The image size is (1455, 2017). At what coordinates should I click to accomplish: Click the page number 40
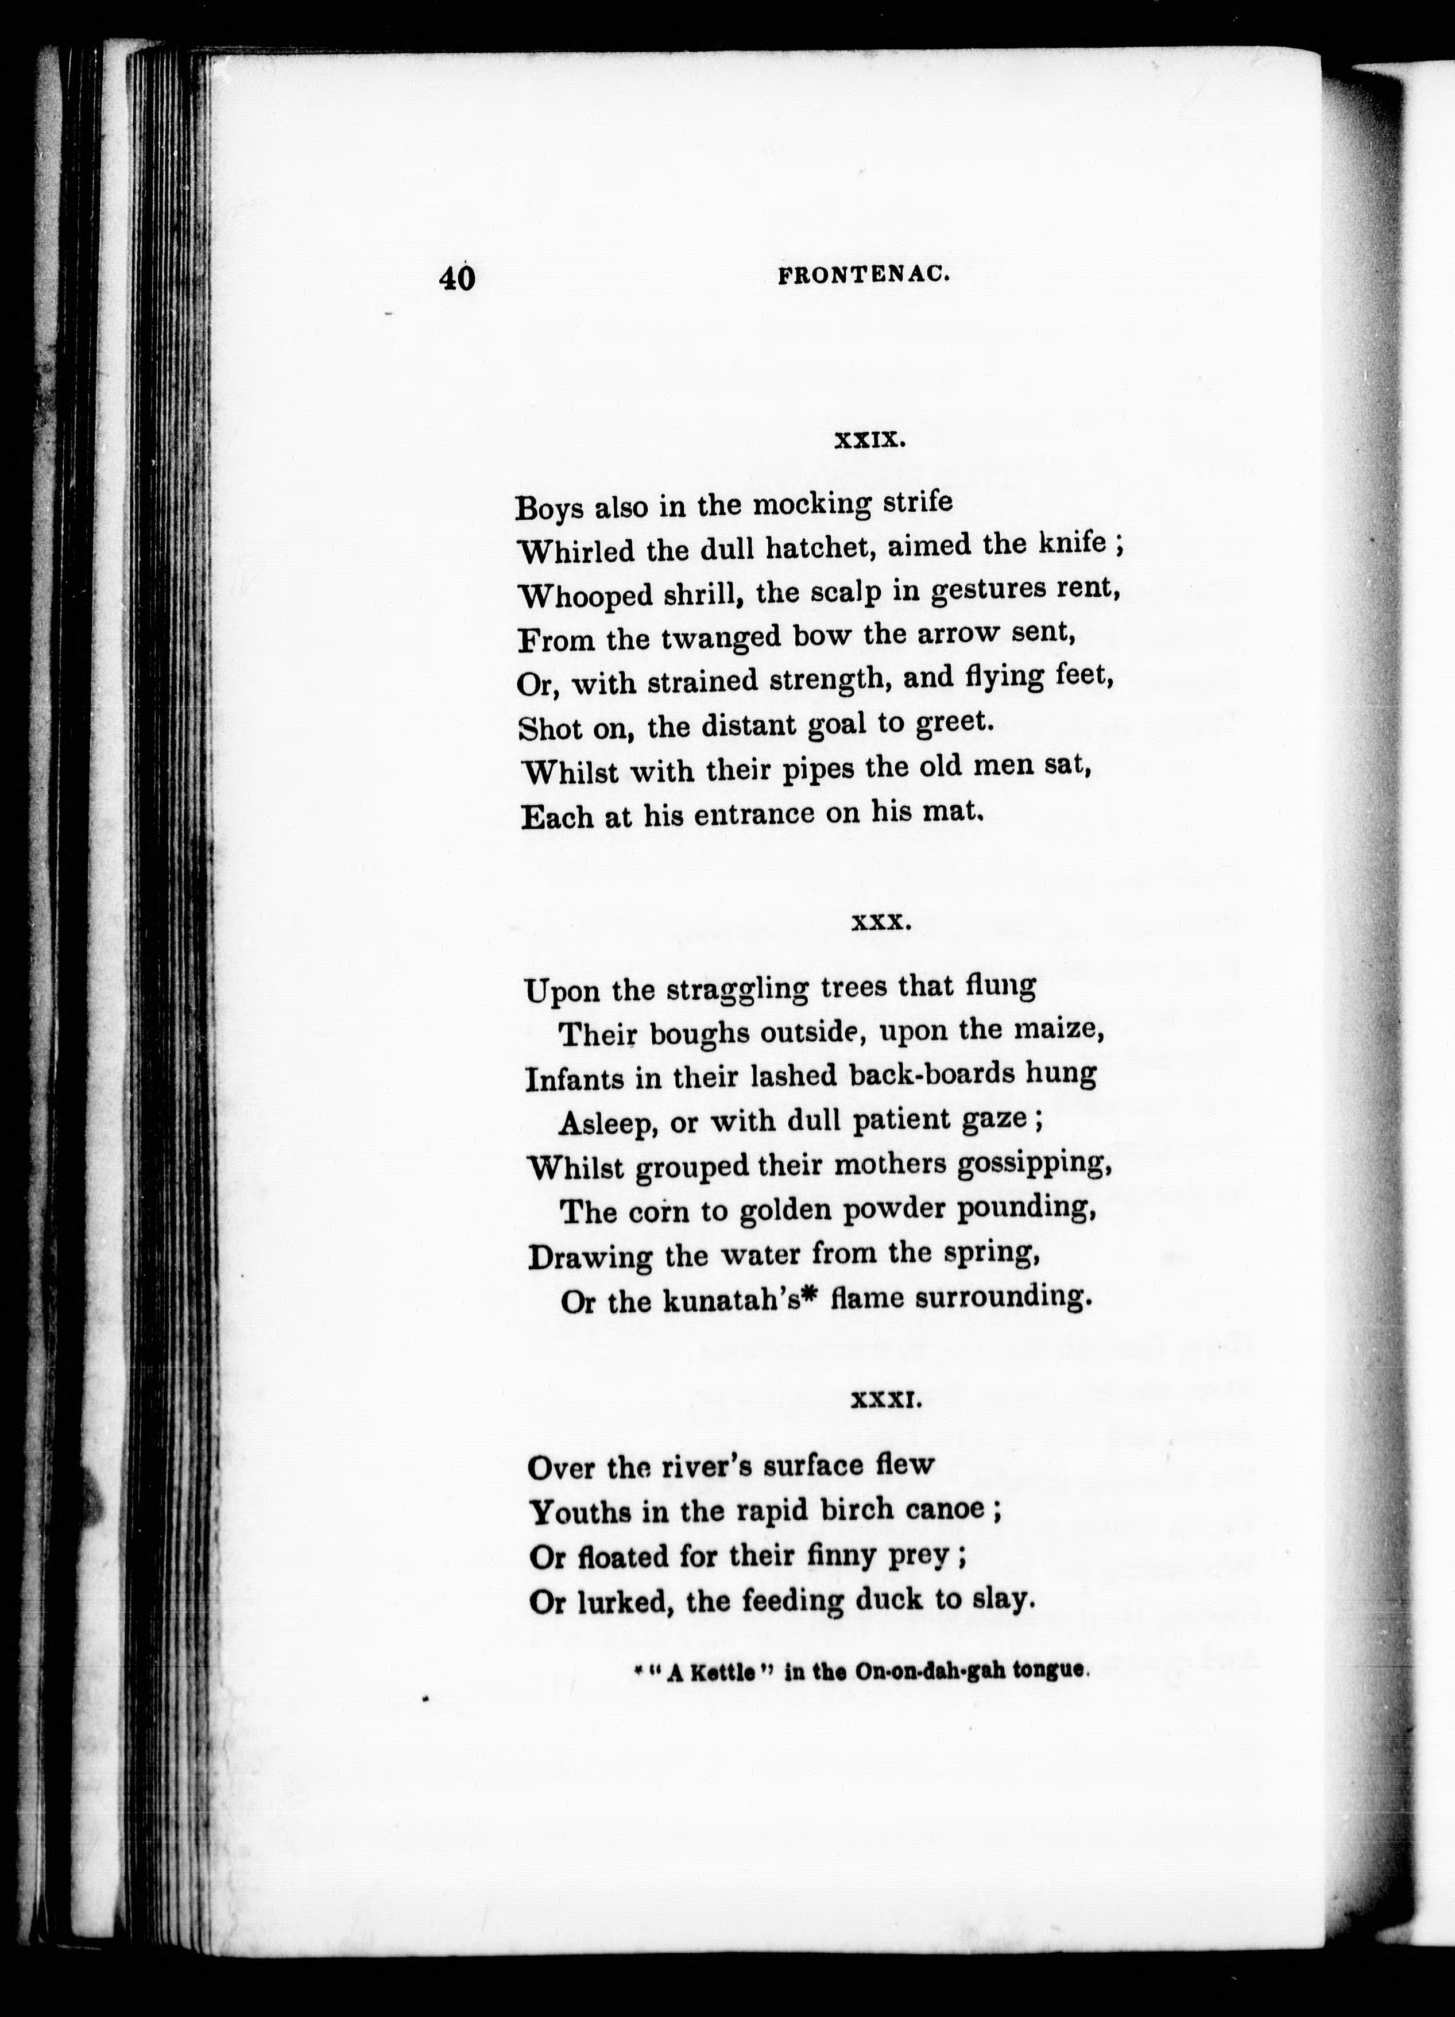point(457,279)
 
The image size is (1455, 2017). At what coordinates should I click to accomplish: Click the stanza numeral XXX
point(880,923)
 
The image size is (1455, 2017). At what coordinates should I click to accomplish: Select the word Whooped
point(585,595)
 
